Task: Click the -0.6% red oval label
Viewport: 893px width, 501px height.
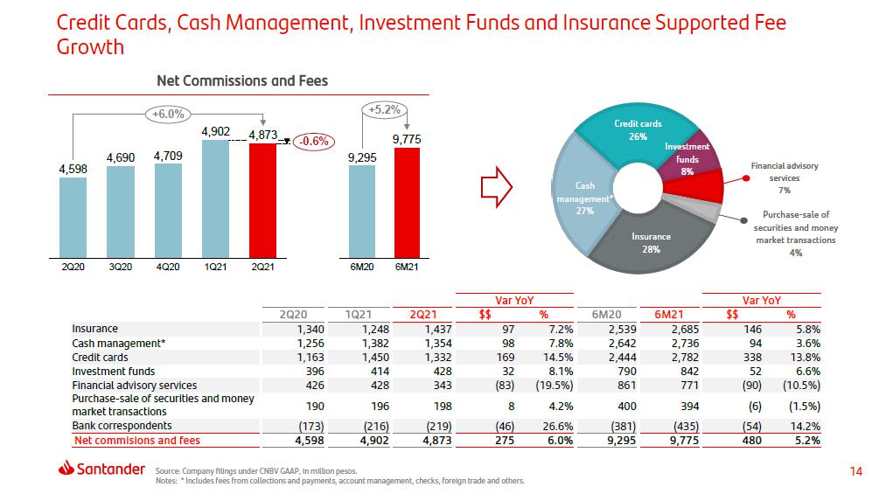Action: [312, 140]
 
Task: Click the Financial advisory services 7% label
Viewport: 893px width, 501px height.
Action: [784, 177]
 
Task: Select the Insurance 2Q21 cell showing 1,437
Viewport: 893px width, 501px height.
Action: [436, 329]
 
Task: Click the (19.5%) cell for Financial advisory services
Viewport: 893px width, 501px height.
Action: [556, 385]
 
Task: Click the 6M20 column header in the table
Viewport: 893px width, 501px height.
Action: [607, 314]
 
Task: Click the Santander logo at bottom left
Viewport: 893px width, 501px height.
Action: [101, 470]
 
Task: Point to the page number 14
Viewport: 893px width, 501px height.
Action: [855, 472]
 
